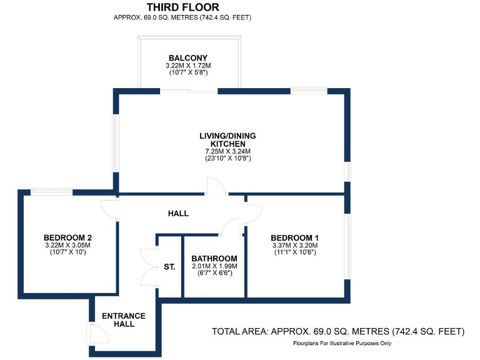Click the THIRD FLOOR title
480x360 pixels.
click(x=182, y=7)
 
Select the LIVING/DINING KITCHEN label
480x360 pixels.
click(x=227, y=139)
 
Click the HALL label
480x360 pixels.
click(x=178, y=214)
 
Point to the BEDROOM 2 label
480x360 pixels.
click(x=68, y=237)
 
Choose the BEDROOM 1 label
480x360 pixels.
click(x=294, y=237)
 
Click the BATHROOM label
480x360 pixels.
click(x=214, y=258)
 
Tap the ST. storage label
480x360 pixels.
click(x=169, y=267)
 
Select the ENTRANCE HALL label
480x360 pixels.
click(x=124, y=319)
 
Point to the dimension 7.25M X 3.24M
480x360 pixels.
click(x=227, y=151)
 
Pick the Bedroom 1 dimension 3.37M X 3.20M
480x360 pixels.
click(x=294, y=246)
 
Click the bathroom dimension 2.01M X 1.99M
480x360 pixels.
click(x=214, y=266)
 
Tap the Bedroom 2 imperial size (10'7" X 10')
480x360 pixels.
click(x=68, y=252)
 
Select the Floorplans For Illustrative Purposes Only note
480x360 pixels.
click(x=342, y=344)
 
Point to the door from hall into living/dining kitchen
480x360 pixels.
click(x=214, y=186)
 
